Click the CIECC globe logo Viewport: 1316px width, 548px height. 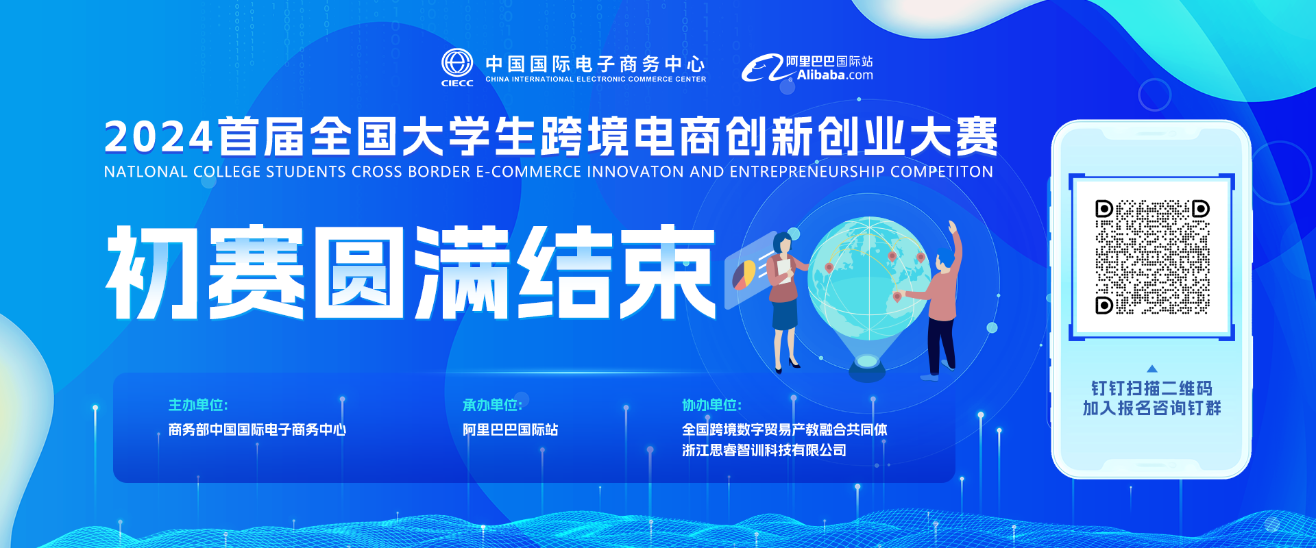tap(457, 63)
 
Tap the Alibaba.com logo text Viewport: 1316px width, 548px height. tap(835, 75)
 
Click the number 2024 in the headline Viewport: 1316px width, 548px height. tap(158, 137)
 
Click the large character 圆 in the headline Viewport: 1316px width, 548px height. tap(360, 273)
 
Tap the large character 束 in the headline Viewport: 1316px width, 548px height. tap(667, 273)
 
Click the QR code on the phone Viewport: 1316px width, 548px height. tap(1152, 257)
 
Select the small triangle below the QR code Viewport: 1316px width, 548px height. tap(1151, 369)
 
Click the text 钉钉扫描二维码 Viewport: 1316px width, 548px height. tap(1152, 388)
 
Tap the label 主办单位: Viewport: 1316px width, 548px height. tap(198, 405)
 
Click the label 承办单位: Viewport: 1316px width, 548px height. tap(492, 405)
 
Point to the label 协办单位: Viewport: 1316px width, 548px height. tap(711, 405)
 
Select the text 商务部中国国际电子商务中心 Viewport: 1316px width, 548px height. tap(257, 429)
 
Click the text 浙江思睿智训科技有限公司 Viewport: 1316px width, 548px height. tap(764, 450)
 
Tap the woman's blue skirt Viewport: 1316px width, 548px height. tap(785, 315)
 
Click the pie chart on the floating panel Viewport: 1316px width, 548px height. tap(744, 274)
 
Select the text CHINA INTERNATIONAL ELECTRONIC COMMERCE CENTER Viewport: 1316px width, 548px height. tap(596, 79)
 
